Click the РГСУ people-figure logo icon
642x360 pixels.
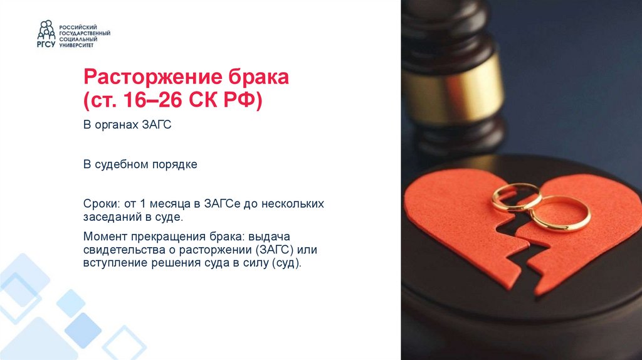[x=46, y=33]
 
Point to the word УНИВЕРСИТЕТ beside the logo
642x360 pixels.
[x=77, y=45]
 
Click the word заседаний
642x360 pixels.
[x=111, y=217]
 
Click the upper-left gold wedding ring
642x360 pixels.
[x=516, y=196]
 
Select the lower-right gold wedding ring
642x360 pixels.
[x=560, y=213]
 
